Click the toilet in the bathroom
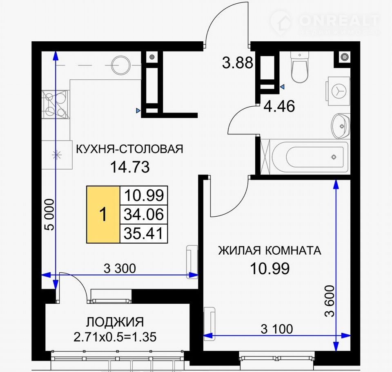coord(299,67)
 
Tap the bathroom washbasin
coord(340,126)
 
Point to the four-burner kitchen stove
coord(55,104)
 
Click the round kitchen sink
coord(120,65)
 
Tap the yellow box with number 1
coord(103,215)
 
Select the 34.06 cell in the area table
coord(144,215)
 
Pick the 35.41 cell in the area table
coord(144,233)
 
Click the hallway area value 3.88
coord(238,63)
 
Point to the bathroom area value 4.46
coord(279,106)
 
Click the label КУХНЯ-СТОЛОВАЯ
coord(129,149)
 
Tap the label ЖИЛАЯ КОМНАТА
coord(269,251)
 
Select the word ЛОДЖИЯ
coord(115,323)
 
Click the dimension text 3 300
coord(120,269)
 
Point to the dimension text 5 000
coord(49,215)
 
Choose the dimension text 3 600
coord(330,301)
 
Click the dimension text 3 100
coord(277,329)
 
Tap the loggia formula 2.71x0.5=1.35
coord(115,337)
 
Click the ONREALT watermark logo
coord(325,22)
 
